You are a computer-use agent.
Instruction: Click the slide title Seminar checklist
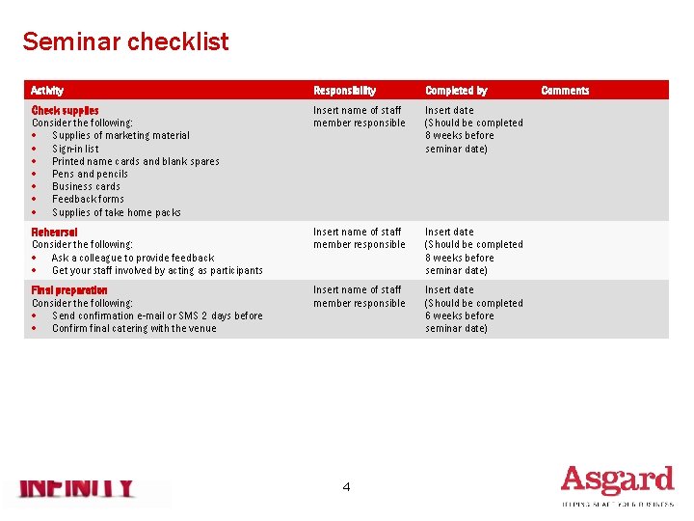click(125, 41)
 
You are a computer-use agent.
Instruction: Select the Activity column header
click(47, 90)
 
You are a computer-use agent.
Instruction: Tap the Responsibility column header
click(344, 90)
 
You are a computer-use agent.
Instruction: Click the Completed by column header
click(456, 90)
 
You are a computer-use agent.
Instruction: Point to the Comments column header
click(565, 90)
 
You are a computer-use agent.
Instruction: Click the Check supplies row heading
click(65, 110)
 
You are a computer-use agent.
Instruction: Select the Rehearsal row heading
click(54, 232)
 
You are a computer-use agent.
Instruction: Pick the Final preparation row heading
click(69, 289)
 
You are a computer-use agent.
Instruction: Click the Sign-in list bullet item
click(75, 149)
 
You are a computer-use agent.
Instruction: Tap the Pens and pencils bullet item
click(90, 174)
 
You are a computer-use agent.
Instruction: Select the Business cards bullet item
click(86, 186)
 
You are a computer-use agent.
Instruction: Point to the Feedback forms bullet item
click(88, 199)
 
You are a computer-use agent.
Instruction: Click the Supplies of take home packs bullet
click(116, 212)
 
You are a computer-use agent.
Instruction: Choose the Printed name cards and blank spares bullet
click(135, 161)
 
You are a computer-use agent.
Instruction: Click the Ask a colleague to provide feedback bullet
click(133, 258)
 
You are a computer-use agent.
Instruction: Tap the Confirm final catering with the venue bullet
click(134, 328)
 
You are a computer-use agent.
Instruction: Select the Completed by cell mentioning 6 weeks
click(473, 309)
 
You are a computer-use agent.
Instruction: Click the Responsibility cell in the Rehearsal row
click(359, 238)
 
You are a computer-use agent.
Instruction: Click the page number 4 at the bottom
click(346, 487)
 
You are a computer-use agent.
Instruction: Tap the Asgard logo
click(617, 483)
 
